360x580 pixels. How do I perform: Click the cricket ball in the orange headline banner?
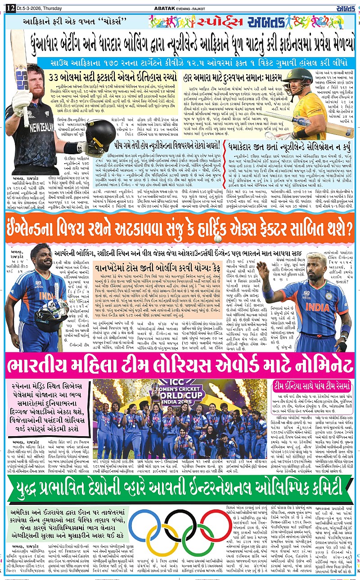pos(218,238)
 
